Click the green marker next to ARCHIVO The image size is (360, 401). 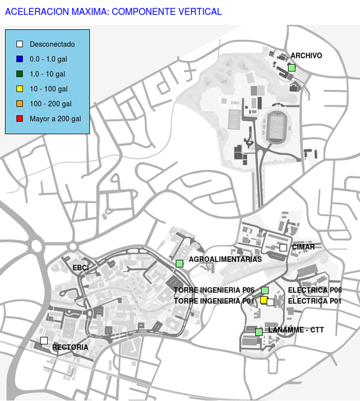(x=292, y=68)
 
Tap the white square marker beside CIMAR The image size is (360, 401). (x=283, y=248)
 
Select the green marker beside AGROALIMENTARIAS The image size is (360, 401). (x=179, y=263)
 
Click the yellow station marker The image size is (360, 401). (x=264, y=300)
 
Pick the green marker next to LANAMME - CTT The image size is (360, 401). (x=259, y=332)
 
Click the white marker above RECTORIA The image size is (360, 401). (x=44, y=341)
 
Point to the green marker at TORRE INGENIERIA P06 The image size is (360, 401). (x=265, y=291)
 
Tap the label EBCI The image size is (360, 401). (x=81, y=268)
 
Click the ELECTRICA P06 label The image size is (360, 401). (x=315, y=290)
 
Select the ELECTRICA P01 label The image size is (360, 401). (x=315, y=301)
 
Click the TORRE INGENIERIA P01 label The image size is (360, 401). (x=214, y=301)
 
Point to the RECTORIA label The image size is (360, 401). (x=70, y=347)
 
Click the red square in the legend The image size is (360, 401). (x=20, y=119)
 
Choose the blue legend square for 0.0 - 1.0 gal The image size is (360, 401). (x=20, y=59)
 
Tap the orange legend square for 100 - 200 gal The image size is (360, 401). (x=20, y=104)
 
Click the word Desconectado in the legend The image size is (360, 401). (x=52, y=44)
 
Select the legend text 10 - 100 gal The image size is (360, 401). (x=48, y=89)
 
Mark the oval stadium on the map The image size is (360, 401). (x=276, y=127)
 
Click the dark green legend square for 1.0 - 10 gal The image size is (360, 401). (x=20, y=74)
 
